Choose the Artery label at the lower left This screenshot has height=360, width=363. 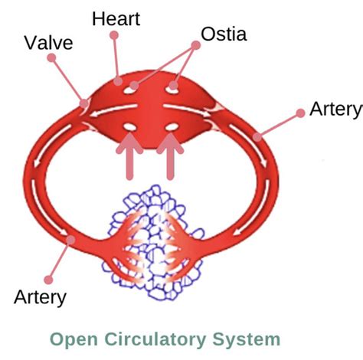[x=40, y=296]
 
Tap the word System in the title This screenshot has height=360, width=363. [x=248, y=339]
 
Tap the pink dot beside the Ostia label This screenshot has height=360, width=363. [x=196, y=46]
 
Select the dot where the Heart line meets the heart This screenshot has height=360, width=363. [x=119, y=79]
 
